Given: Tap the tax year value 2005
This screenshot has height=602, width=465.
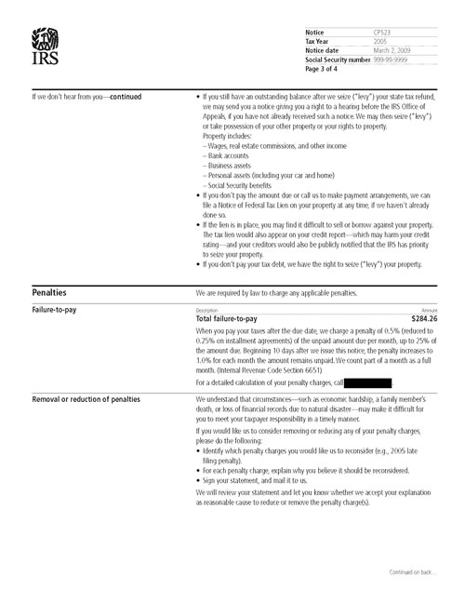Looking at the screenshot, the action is [368, 42].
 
